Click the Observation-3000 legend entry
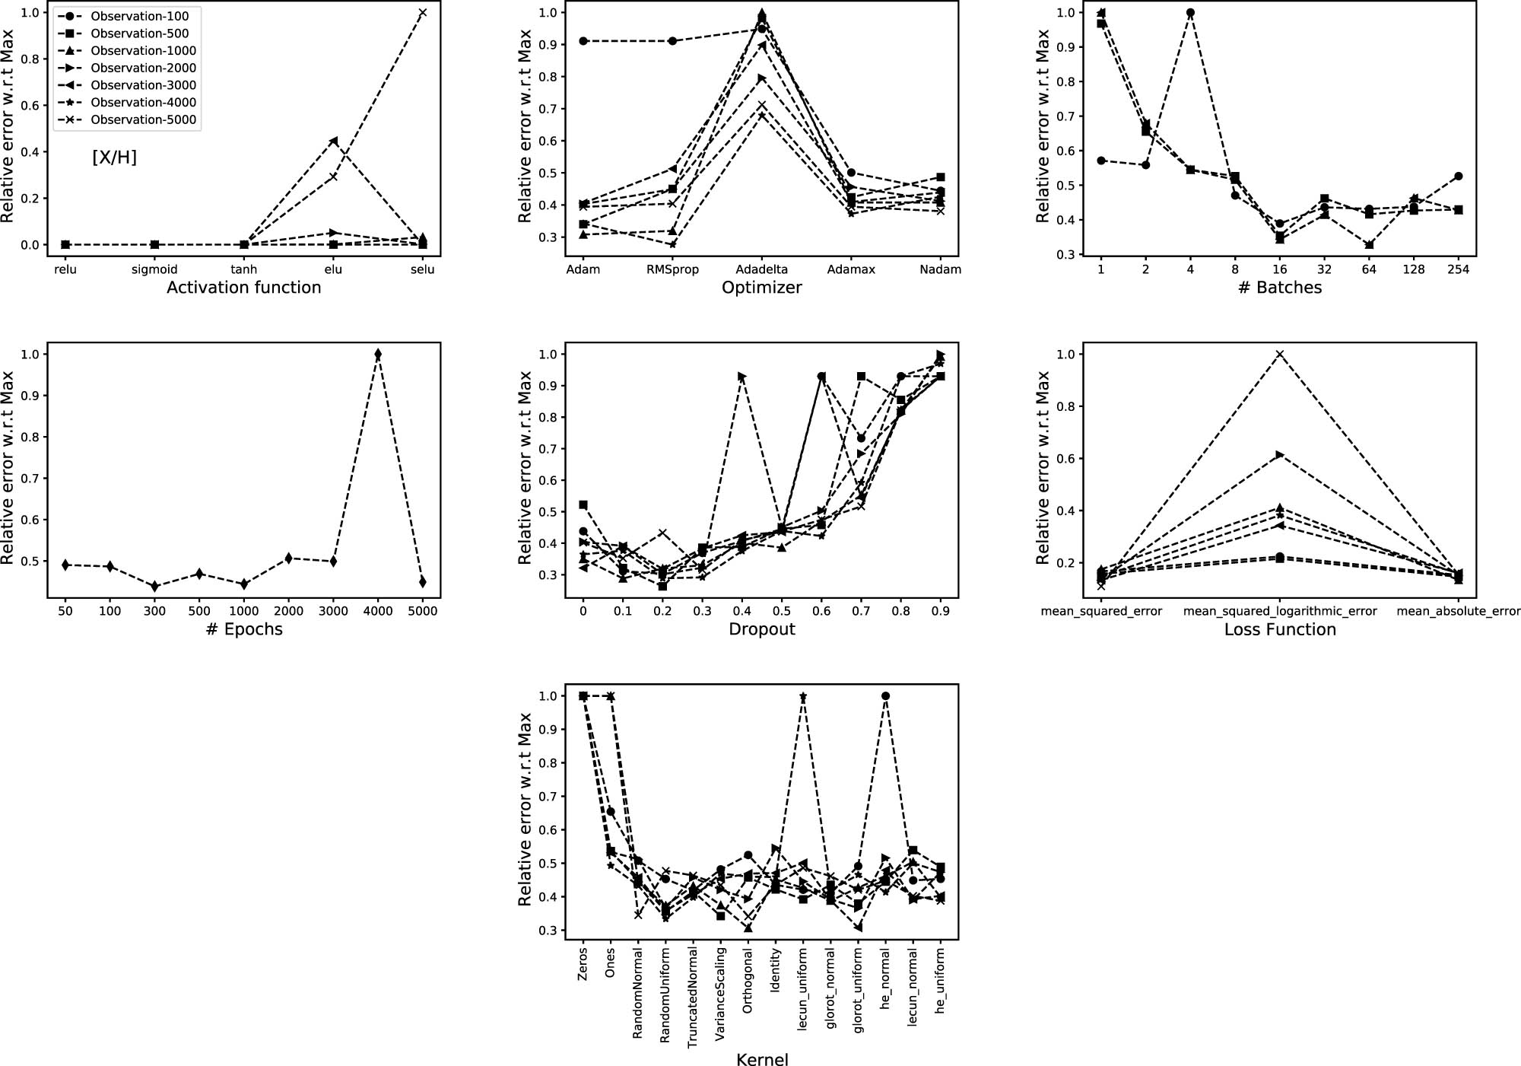[143, 85]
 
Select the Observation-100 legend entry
[140, 16]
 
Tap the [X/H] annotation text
[115, 158]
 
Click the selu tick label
[422, 269]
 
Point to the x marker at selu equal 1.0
[423, 13]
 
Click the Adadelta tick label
[761, 269]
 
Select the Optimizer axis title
[761, 288]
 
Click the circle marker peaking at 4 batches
[1190, 13]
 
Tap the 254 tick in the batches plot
[1458, 269]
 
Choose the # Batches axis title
[1280, 288]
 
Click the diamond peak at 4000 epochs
[378, 355]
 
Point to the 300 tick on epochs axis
[154, 611]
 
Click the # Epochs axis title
[244, 629]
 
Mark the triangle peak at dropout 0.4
[742, 377]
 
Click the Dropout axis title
[761, 629]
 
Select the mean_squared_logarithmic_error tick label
[1280, 611]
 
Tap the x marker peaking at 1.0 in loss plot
[1280, 355]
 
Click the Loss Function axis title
[1280, 629]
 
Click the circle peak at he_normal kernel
[885, 696]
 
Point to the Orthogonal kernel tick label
[748, 981]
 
